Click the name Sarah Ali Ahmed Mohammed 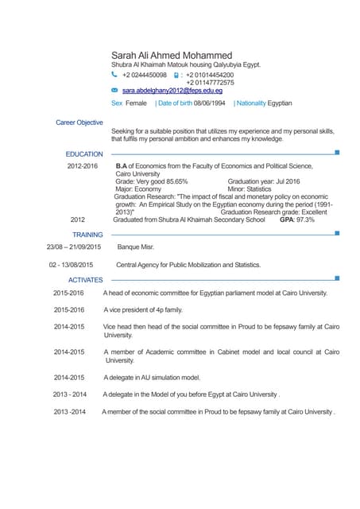(x=183, y=54)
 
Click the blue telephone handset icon (x=114, y=75)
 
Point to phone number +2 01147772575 (x=210, y=83)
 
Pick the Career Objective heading (x=79, y=122)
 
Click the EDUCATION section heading (x=84, y=153)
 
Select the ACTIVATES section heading (x=86, y=280)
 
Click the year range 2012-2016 (x=83, y=166)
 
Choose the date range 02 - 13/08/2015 (x=71, y=264)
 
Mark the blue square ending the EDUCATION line (x=338, y=152)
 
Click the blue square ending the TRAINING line (x=338, y=233)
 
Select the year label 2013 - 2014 (x=70, y=394)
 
